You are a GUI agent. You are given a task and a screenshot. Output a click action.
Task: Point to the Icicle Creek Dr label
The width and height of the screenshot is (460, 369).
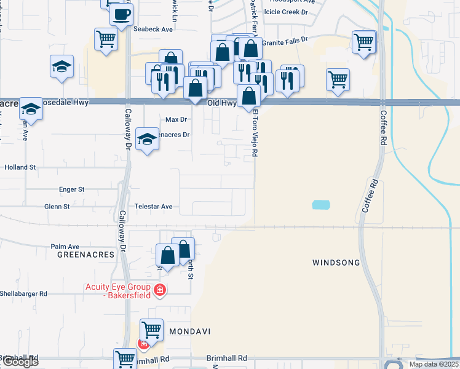pos(285,12)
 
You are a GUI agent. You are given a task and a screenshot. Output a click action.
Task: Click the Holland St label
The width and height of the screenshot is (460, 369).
pos(21,167)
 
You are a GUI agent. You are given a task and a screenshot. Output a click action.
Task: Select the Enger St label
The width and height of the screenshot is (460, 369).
pos(71,189)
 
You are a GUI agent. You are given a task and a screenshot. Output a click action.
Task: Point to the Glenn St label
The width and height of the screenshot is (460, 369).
pos(57,207)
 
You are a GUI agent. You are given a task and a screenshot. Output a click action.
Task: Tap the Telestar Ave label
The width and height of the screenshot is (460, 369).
pos(159,207)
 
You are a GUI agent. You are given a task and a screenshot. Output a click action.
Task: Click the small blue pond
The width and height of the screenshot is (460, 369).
pos(320,205)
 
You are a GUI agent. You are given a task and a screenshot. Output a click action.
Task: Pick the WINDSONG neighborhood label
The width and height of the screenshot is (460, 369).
pos(336,263)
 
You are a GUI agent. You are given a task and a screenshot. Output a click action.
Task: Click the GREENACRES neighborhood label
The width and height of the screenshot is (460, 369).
pos(86,254)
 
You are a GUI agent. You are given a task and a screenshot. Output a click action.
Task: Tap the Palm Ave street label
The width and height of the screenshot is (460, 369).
pos(65,246)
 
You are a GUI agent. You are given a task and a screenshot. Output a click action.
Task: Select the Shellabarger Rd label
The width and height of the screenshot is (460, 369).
pos(23,293)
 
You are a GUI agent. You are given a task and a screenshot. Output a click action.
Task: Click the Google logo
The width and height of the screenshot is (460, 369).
pos(20,362)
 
